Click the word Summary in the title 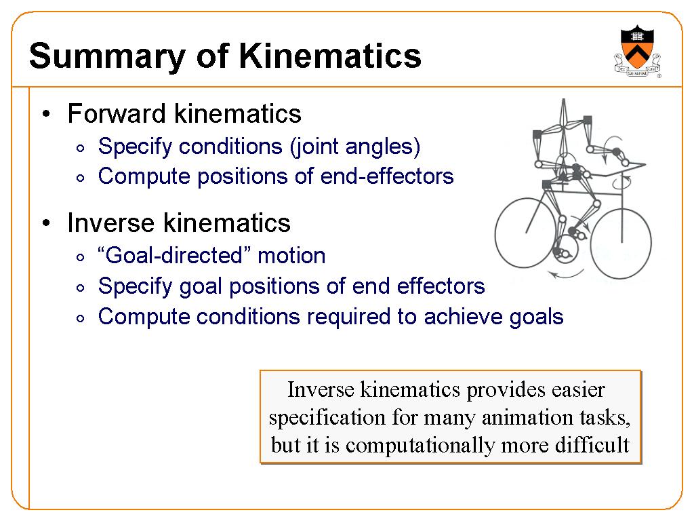107,57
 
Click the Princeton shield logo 637,52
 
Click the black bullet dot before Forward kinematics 47,114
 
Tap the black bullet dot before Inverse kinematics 47,223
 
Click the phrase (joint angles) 355,147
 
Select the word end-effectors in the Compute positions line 387,176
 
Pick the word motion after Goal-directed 291,256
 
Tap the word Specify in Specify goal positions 136,287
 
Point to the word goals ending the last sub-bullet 537,318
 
